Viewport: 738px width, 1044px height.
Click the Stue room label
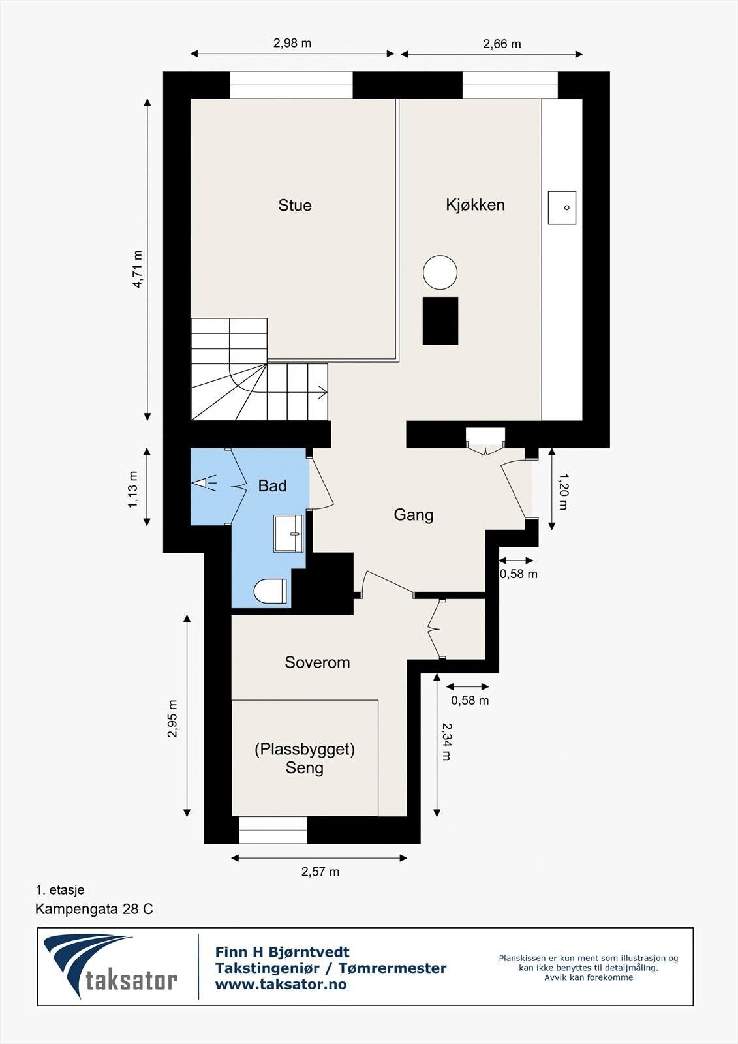coord(295,205)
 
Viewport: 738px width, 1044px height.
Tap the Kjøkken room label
coord(475,205)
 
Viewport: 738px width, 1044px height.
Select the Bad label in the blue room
coord(272,485)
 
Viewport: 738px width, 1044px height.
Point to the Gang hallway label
coord(414,515)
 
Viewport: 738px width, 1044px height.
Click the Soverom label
coord(317,662)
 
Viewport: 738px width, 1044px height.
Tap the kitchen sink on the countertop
coord(562,207)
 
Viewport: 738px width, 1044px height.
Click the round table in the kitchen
coord(440,273)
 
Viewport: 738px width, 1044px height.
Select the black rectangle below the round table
coord(440,321)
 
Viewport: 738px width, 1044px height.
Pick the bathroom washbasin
coord(288,534)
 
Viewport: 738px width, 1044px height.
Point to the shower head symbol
coord(204,483)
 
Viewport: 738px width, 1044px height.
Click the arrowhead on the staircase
coord(322,392)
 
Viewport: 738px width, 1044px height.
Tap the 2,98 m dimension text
coord(292,43)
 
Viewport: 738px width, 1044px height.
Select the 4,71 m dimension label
coord(138,269)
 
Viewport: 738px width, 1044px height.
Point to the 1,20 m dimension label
coord(563,492)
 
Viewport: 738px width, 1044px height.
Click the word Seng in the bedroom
coord(305,767)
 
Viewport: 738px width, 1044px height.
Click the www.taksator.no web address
coord(281,985)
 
